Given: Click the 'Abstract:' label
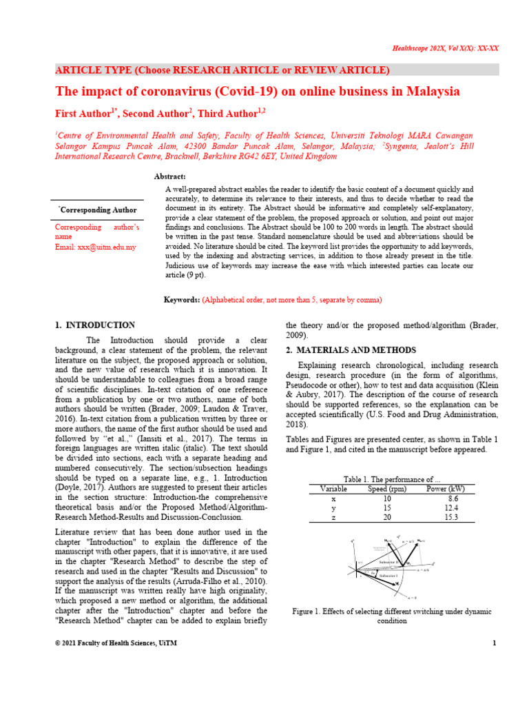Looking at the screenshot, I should [x=170, y=177].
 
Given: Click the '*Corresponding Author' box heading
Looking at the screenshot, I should [x=97, y=210].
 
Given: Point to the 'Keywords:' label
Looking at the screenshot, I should [x=181, y=300].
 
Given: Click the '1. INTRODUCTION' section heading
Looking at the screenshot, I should [x=95, y=325].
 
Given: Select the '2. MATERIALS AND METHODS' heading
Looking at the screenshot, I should [x=351, y=350].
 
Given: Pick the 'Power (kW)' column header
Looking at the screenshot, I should [x=448, y=488].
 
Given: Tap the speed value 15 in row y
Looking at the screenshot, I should [x=387, y=507].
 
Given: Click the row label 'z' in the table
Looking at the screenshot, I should [x=333, y=517].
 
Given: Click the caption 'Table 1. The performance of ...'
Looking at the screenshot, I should [x=391, y=478].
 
